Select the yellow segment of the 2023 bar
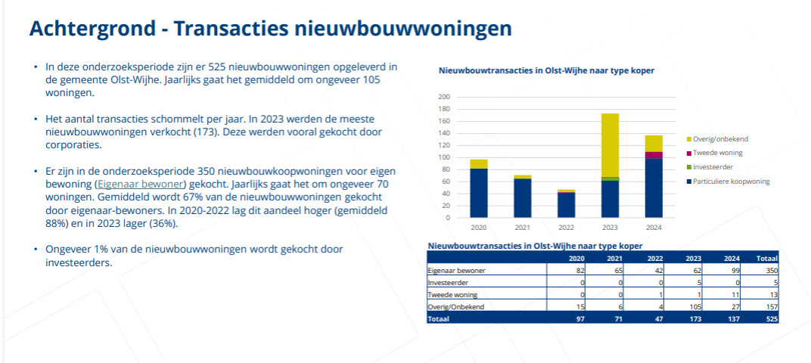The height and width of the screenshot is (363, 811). [x=610, y=144]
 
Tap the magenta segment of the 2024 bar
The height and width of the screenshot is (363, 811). [x=654, y=155]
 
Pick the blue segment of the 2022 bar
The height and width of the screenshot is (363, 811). [x=566, y=205]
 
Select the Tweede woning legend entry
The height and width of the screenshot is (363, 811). [x=716, y=153]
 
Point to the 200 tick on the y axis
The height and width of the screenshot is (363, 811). [x=444, y=97]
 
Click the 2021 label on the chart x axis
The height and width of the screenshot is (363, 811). [x=521, y=227]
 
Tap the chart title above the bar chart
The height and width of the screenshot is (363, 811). [x=546, y=70]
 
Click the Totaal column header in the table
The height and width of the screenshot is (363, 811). [x=766, y=258]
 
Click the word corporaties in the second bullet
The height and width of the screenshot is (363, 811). [x=73, y=144]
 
